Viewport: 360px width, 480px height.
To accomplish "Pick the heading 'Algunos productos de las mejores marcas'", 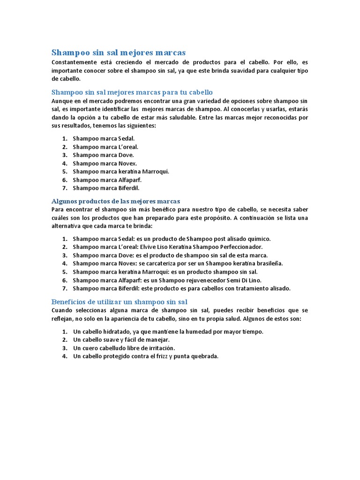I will click(x=115, y=201).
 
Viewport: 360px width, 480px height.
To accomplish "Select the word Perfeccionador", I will click(x=237, y=247).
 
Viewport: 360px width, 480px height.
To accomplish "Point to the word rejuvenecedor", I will click(x=210, y=280).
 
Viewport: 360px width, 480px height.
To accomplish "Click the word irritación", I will click(x=159, y=348).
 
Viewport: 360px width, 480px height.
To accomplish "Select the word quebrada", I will click(x=203, y=357).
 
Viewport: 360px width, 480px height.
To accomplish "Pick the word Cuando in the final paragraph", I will click(x=62, y=310).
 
